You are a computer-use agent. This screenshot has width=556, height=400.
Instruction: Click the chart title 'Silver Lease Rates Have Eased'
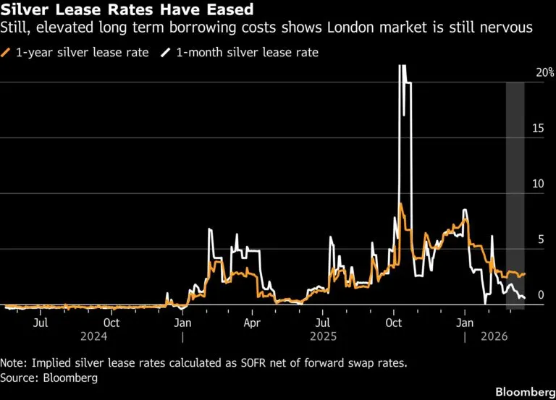pos(127,9)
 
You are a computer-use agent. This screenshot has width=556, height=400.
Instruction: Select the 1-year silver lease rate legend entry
pos(75,52)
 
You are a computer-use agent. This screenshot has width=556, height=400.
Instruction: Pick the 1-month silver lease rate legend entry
pos(240,52)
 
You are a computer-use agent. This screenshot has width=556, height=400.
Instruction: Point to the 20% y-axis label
pos(544,72)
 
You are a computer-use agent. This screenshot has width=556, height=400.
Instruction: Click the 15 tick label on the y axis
pos(539,128)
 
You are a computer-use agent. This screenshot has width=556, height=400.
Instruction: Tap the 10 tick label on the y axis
pos(539,184)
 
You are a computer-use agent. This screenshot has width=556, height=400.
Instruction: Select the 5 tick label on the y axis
pos(541,239)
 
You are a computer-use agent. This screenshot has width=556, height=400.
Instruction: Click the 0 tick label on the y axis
pos(541,295)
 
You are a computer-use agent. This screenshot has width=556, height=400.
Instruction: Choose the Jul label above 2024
pos(41,323)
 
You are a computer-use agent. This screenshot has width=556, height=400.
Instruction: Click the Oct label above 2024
pos(111,323)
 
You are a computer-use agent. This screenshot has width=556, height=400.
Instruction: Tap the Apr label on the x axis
pos(252,323)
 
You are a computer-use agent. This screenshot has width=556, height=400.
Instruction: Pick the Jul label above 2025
pos(323,323)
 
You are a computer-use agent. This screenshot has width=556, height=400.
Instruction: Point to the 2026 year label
pos(494,336)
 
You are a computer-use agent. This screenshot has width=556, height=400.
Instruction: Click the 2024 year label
pos(93,336)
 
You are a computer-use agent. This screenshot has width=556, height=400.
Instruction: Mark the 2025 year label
pos(323,336)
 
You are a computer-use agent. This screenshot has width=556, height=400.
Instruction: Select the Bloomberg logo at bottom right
pos(526,392)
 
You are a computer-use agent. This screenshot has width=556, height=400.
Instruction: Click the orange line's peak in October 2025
pos(400,203)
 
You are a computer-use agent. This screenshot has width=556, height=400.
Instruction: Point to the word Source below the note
pos(20,378)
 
